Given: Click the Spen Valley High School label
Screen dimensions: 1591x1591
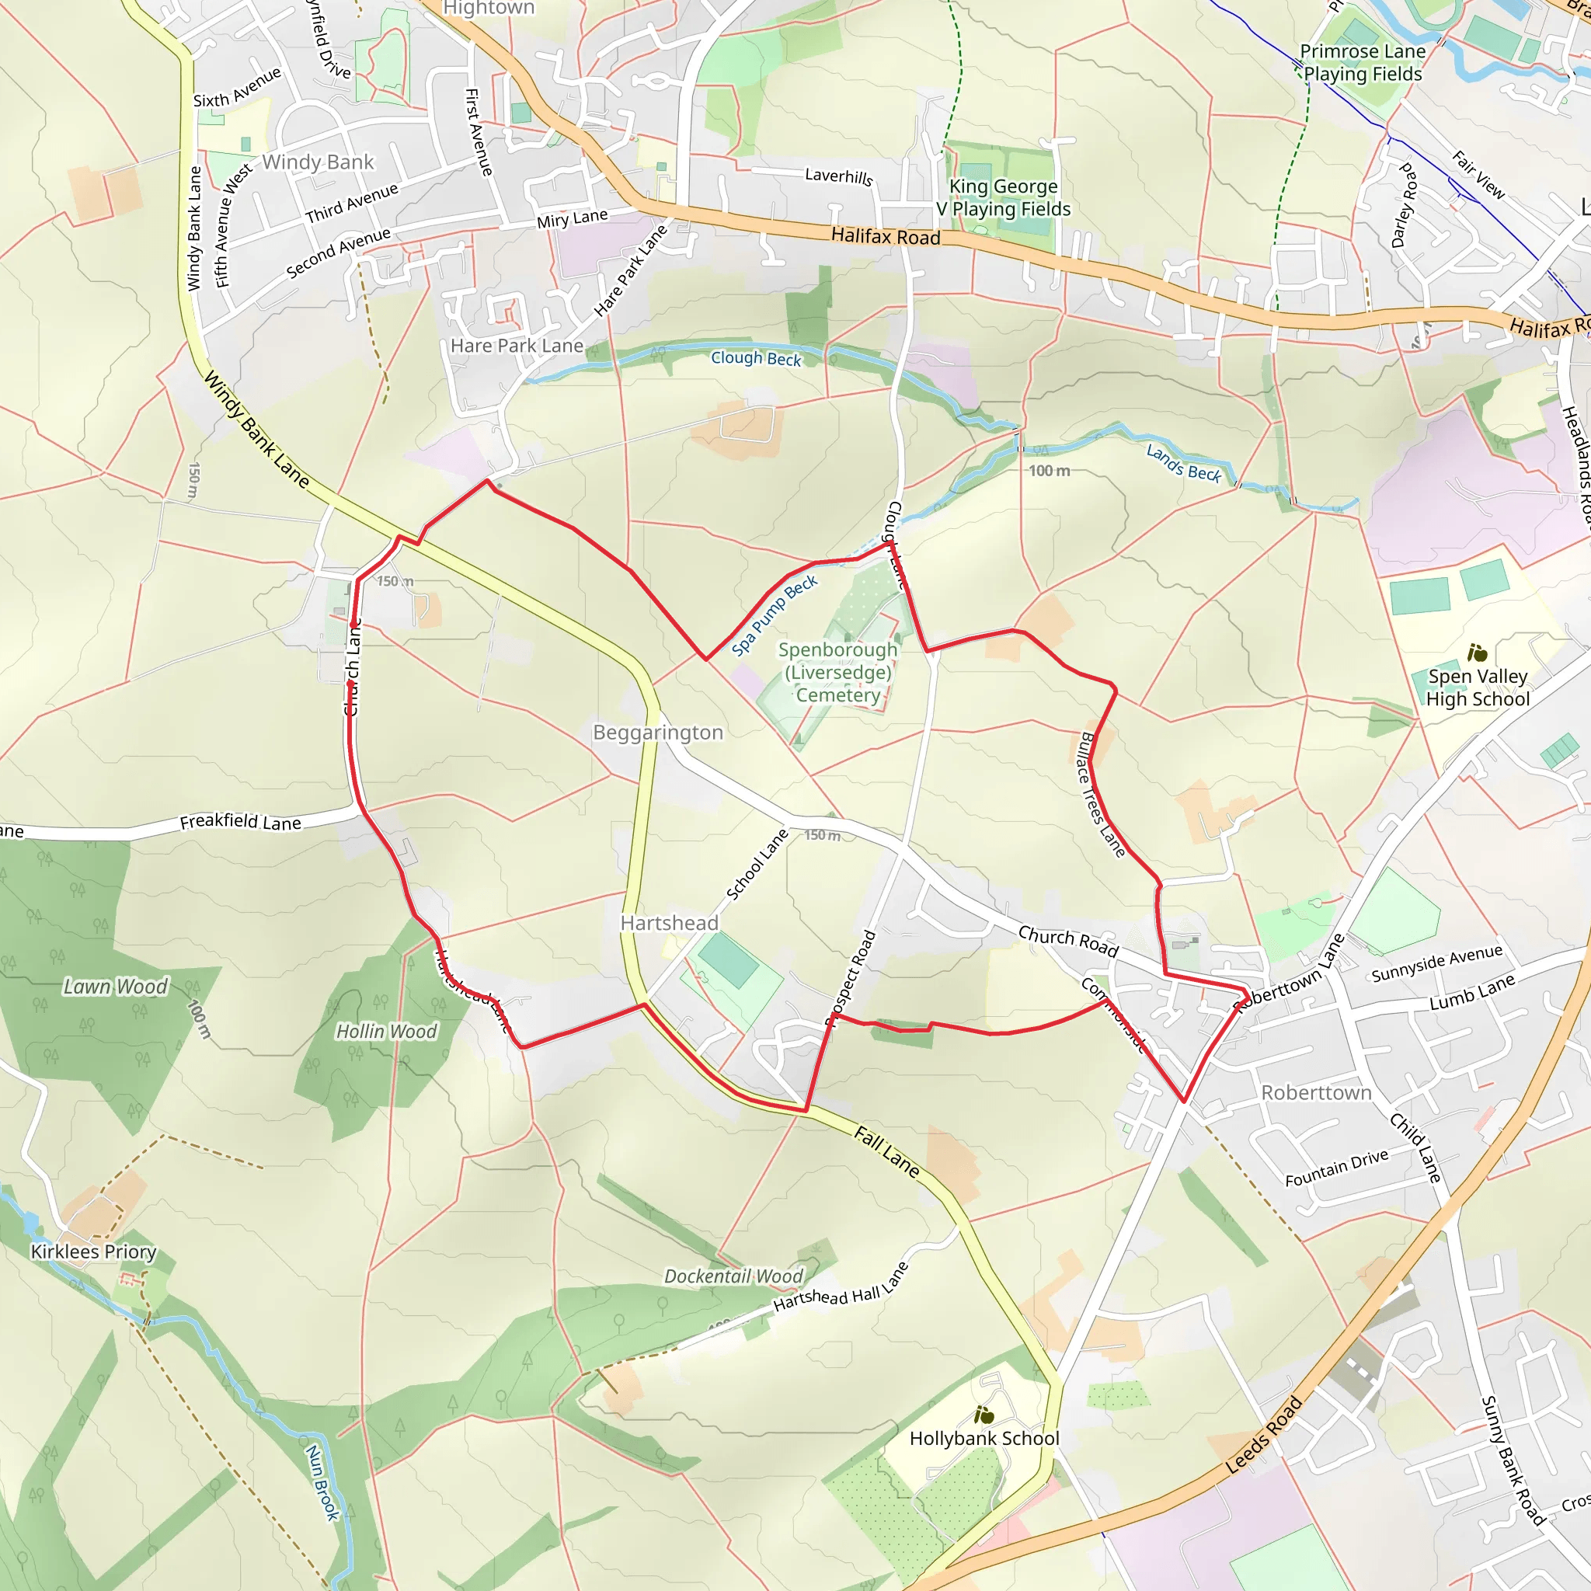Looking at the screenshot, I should coord(1478,688).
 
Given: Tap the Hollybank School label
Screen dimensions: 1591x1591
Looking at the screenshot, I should coord(984,1439).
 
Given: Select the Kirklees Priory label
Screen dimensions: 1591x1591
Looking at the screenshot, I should coord(93,1252).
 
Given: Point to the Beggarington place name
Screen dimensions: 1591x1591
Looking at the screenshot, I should coord(658,732).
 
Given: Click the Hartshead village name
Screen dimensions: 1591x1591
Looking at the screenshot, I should coord(670,923).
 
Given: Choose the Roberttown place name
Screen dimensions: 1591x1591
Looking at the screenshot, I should coord(1317,1093).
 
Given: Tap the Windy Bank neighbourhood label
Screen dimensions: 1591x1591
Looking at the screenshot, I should coord(318,162).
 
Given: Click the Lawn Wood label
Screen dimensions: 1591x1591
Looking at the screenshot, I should coord(115,987).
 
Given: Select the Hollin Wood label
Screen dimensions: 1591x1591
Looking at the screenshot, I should coord(386,1031).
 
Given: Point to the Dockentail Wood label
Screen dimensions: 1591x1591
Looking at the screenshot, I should coord(733,1276).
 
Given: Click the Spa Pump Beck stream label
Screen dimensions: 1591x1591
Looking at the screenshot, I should coord(774,616).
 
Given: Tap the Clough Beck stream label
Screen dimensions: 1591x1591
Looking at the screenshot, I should coord(756,358).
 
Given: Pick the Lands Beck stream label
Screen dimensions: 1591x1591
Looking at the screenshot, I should coord(1183,463).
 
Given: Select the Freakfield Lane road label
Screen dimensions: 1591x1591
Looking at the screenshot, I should coord(241,822).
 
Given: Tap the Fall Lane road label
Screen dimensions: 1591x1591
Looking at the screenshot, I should coord(886,1151).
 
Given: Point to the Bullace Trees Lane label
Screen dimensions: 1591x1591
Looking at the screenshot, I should coord(1101,795).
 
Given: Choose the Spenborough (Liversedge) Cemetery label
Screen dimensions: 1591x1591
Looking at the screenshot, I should coord(838,672).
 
